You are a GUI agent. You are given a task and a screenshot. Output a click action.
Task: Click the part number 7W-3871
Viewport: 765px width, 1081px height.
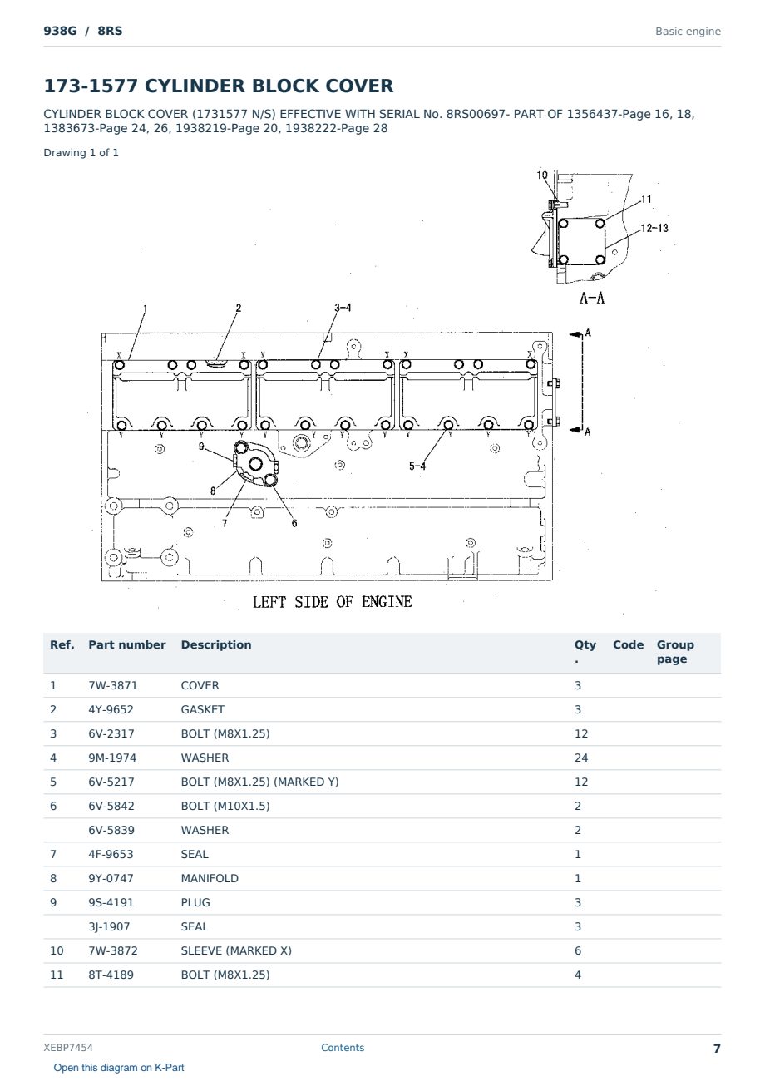click(x=112, y=685)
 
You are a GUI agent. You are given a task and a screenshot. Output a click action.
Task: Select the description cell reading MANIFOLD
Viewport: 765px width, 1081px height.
click(x=210, y=878)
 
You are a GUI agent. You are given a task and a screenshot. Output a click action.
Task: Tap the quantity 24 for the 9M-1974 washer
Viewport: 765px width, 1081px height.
click(x=581, y=758)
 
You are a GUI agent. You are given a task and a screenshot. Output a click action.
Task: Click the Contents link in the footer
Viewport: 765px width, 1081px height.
click(x=343, y=1048)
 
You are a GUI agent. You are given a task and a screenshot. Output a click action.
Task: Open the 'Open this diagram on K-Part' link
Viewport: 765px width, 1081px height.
click(x=119, y=1068)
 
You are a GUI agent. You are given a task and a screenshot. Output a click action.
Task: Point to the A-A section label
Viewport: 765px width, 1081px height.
click(x=592, y=298)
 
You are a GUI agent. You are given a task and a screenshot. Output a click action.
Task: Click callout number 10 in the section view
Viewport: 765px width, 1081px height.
click(x=542, y=175)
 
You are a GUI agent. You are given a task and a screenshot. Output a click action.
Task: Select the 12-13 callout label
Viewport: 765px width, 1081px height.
click(x=654, y=228)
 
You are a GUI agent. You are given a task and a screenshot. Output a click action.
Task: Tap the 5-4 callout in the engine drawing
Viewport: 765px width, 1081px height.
click(x=417, y=466)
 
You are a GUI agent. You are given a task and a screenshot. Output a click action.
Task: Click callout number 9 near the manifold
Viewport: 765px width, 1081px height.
click(x=201, y=447)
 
